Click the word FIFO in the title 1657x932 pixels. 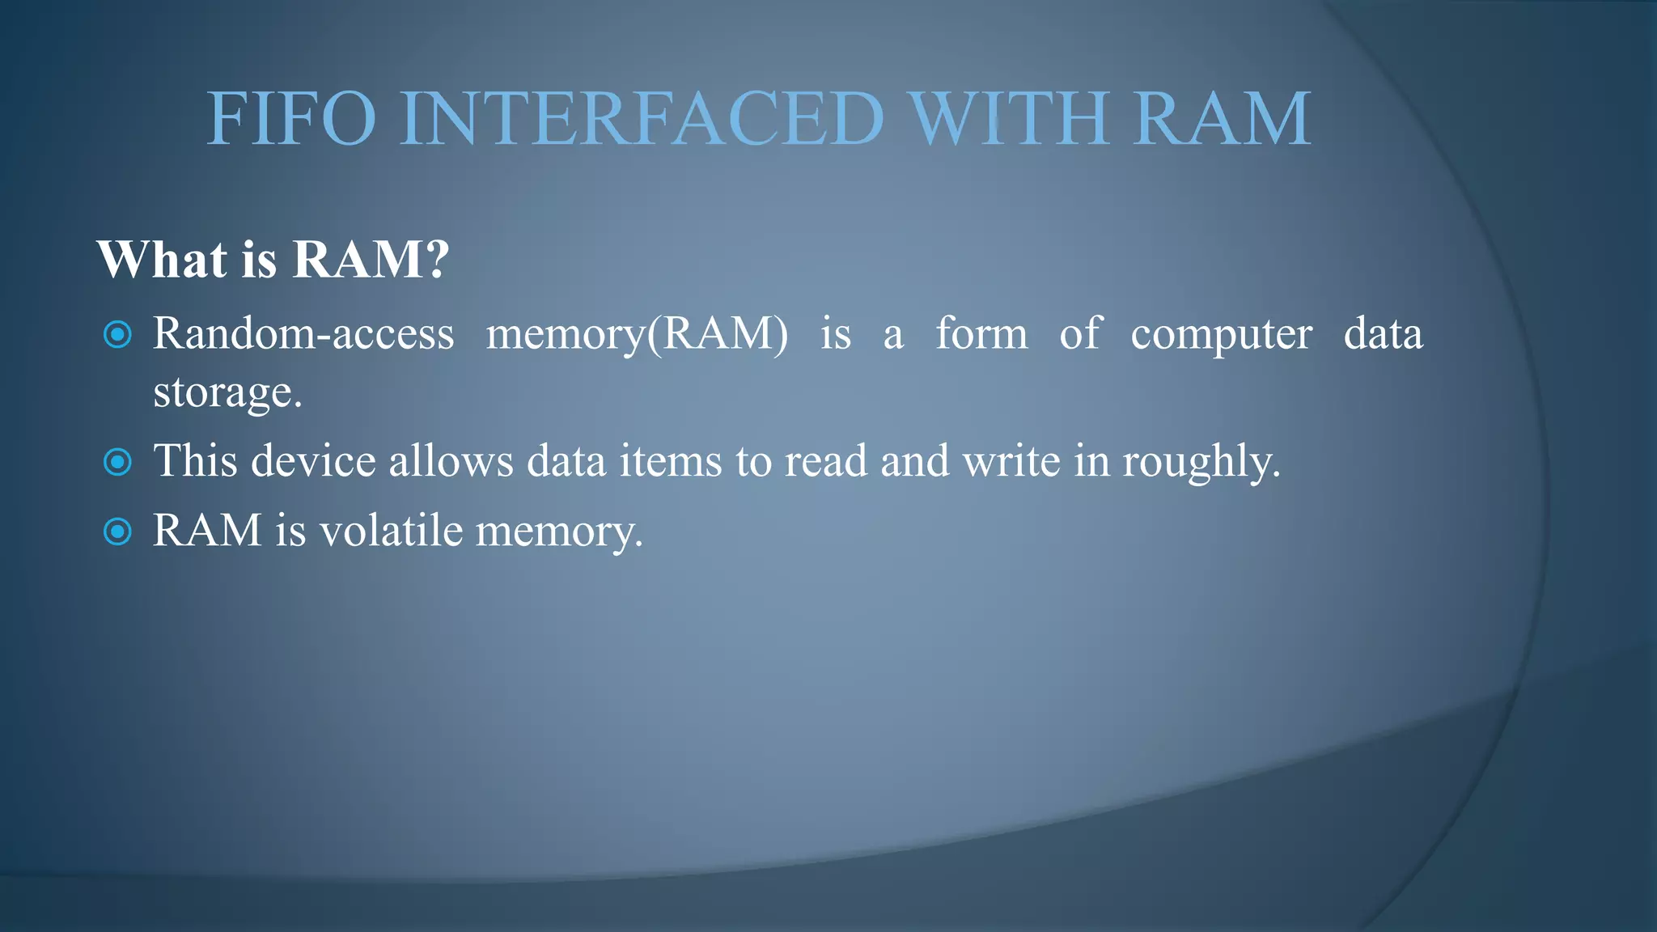coord(291,119)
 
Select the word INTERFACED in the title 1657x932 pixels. coord(642,119)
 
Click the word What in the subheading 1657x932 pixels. coord(162,260)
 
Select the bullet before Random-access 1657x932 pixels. coord(118,334)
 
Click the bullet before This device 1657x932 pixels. coord(118,462)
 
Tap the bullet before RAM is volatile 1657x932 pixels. coord(118,532)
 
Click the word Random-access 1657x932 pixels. coord(303,333)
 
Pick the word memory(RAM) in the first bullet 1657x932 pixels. coord(637,335)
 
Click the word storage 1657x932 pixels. coord(227,394)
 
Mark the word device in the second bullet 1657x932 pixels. coord(313,461)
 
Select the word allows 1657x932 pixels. coord(451,461)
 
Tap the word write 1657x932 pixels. coord(1011,461)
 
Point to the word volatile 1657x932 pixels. coord(391,532)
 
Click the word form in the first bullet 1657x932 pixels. coord(981,333)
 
